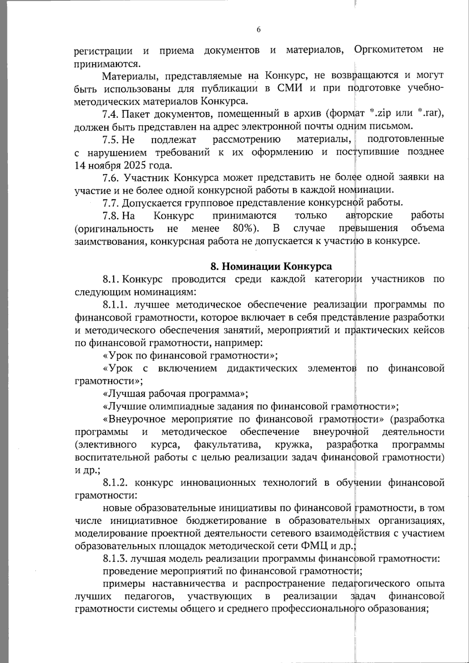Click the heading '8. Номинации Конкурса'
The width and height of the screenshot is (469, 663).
point(271,267)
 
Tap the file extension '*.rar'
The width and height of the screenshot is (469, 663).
point(428,114)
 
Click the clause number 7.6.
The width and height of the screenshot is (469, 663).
point(111,177)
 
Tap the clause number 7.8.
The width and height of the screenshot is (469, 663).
point(111,215)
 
